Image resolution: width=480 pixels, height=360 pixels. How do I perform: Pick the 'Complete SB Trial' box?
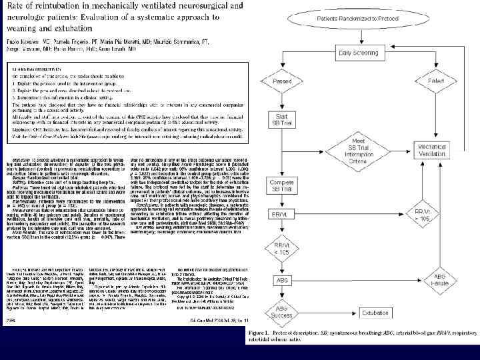tap(282, 167)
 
